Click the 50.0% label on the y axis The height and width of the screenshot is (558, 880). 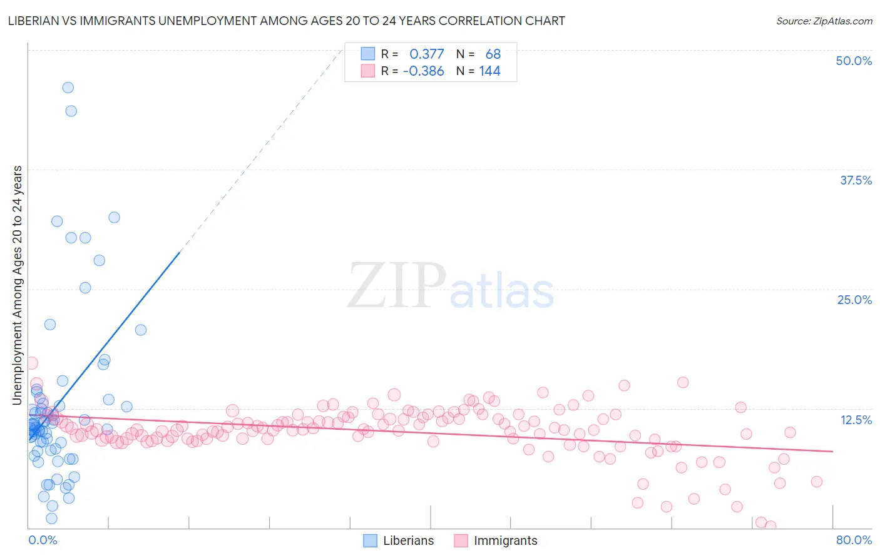[854, 61]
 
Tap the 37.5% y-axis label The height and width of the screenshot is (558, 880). [856, 180]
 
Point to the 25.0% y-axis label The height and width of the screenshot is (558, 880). [854, 300]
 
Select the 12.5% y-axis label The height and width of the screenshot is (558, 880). [856, 420]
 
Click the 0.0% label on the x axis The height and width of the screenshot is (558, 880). [43, 540]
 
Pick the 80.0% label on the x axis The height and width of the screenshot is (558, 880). [854, 540]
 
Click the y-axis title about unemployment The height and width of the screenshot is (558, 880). [18, 285]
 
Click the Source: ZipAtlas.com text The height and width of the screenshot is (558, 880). [824, 21]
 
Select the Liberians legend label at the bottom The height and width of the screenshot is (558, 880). [408, 540]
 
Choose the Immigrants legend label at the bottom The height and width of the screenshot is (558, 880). [505, 540]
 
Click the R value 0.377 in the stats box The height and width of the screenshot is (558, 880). [426, 54]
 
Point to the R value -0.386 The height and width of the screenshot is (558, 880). [423, 71]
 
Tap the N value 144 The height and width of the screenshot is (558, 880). [489, 71]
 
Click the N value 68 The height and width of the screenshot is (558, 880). [493, 54]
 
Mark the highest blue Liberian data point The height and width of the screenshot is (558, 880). [68, 88]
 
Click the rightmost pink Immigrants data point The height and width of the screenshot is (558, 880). [816, 482]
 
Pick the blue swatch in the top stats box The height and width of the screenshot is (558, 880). [367, 54]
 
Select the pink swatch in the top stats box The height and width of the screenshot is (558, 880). [367, 71]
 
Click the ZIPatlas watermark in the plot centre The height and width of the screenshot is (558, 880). [451, 286]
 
